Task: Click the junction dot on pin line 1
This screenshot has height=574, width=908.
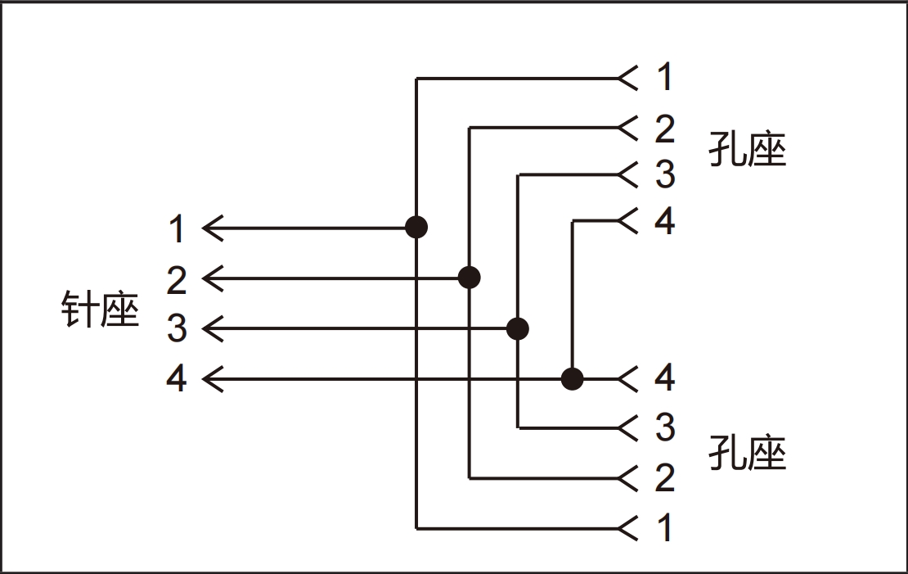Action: pos(416,227)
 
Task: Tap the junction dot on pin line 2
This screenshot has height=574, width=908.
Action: pos(469,278)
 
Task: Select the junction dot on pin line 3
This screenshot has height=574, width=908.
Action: pos(518,329)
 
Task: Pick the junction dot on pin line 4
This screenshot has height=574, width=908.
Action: pos(573,379)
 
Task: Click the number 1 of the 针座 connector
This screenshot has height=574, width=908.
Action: pos(177,229)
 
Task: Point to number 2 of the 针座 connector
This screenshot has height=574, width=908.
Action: pos(177,280)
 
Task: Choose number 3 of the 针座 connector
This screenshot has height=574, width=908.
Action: pos(177,329)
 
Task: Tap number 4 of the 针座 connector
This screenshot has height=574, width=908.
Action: pos(177,379)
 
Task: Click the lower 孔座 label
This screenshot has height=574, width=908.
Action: pos(746,453)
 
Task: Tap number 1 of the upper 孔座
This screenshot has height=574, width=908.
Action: pos(665,78)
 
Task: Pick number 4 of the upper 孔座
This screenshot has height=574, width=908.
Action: pos(665,221)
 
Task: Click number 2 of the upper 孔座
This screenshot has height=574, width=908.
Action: pos(665,129)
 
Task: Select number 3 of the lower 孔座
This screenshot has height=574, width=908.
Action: pos(665,427)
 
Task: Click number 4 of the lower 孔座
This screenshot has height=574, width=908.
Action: pos(665,378)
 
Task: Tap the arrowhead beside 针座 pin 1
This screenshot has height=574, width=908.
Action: pos(212,228)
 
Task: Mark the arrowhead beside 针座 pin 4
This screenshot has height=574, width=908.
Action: pos(212,379)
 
